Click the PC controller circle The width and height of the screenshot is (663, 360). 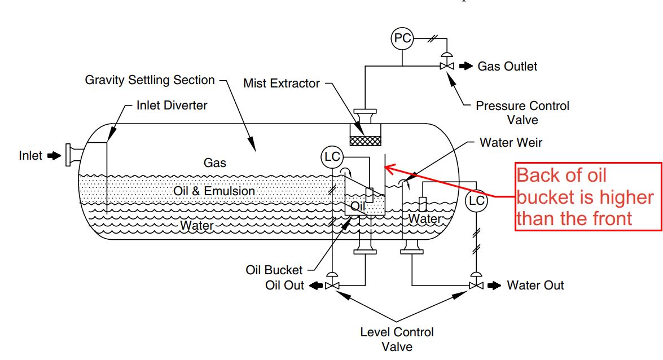pyautogui.click(x=402, y=39)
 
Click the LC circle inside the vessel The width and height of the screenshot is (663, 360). pyautogui.click(x=332, y=157)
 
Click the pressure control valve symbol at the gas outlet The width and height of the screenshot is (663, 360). pyautogui.click(x=447, y=65)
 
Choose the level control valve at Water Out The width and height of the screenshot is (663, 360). pyautogui.click(x=476, y=285)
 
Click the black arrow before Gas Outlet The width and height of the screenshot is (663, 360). pyautogui.click(x=466, y=66)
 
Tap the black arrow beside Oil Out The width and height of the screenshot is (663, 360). pyautogui.click(x=316, y=286)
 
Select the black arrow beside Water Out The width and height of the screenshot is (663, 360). pyautogui.click(x=494, y=286)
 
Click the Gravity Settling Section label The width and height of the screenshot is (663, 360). pyautogui.click(x=150, y=80)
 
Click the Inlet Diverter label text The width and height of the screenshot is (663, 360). pyautogui.click(x=172, y=105)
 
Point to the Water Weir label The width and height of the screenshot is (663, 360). pyautogui.click(x=511, y=142)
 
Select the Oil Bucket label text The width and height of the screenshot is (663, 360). pyautogui.click(x=274, y=270)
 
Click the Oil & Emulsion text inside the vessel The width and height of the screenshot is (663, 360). pyautogui.click(x=214, y=191)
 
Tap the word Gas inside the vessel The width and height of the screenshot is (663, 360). pyautogui.click(x=214, y=163)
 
